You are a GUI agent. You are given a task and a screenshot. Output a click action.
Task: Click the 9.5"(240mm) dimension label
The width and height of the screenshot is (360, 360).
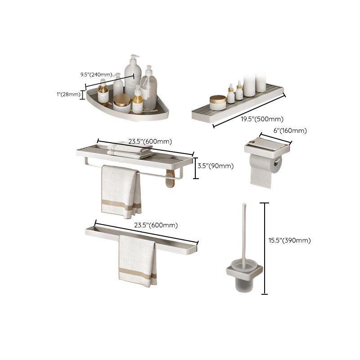coord(96,75)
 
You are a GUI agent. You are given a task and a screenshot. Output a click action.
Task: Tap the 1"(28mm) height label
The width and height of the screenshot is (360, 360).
coord(68,94)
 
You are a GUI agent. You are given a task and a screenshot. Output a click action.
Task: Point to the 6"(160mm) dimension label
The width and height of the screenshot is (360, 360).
coord(291,131)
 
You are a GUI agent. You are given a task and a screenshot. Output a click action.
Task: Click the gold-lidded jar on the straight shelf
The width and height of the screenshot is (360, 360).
coord(218,102)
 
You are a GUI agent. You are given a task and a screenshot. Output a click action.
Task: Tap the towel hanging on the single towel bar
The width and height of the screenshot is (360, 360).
coord(138,261)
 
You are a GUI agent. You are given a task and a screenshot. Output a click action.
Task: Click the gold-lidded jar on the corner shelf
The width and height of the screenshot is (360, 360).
coord(121,103)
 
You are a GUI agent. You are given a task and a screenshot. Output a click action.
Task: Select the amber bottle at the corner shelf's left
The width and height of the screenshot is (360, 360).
coord(103,93)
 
